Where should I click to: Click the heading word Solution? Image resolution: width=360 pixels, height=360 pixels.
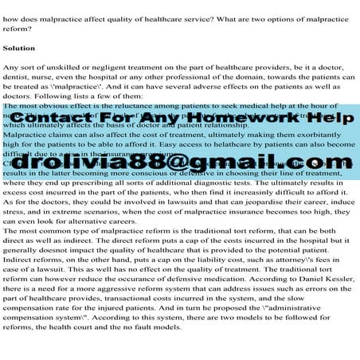click(19, 48)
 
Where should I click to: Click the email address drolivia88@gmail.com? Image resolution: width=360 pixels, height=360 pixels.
click(180, 162)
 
